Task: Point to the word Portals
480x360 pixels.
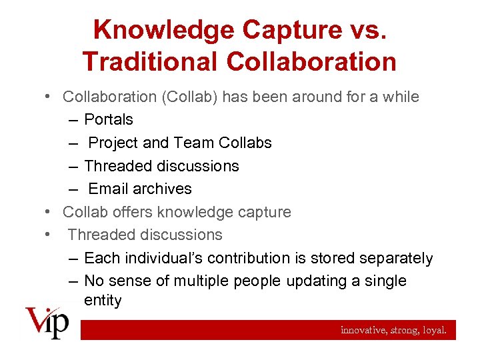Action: tap(109, 120)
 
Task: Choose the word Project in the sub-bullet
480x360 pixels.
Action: tap(114, 143)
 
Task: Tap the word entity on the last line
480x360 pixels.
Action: tap(103, 301)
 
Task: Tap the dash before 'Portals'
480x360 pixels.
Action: tap(72, 120)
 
